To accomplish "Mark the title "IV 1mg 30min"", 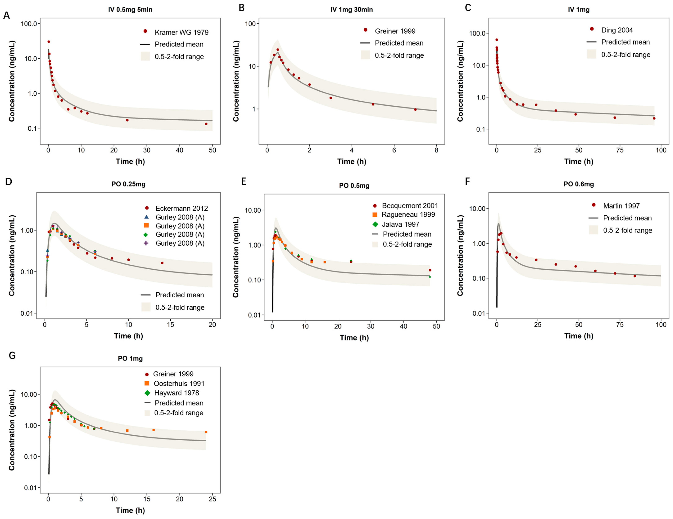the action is coord(352,10).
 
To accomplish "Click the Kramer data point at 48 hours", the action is coord(206,124).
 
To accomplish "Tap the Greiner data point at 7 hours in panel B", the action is coord(415,109).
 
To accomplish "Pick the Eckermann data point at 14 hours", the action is coord(162,263).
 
